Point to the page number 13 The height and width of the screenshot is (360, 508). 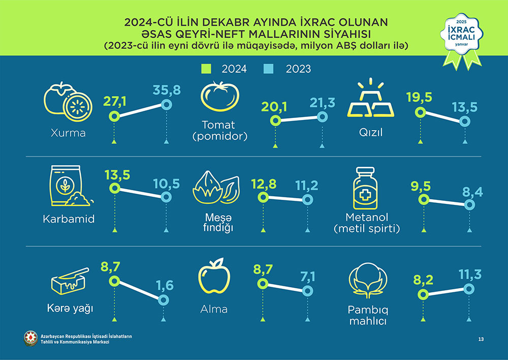coord(481,339)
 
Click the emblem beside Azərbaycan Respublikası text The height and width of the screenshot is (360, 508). coord(31,338)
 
